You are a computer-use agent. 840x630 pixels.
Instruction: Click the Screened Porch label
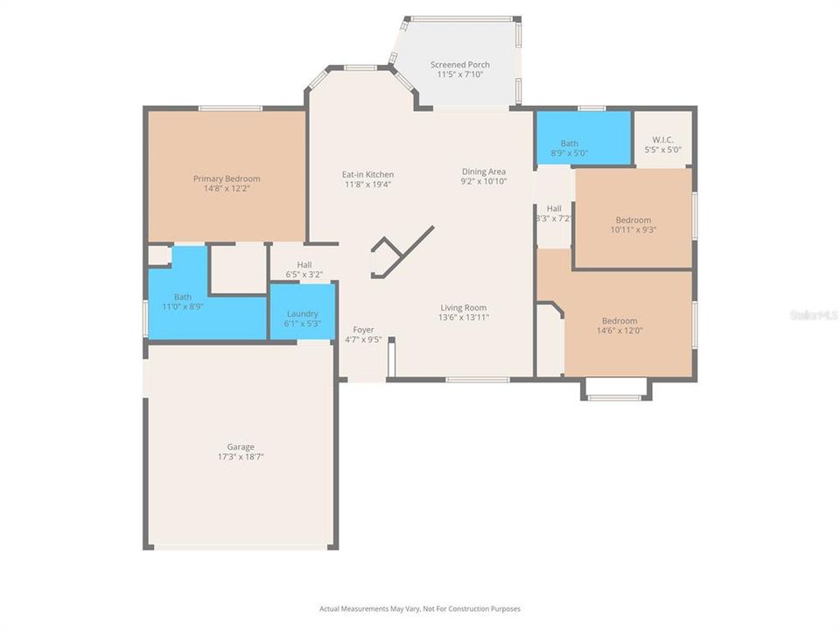click(459, 65)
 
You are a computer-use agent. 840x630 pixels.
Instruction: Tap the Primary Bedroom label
click(227, 178)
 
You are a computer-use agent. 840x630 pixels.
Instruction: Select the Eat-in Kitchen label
click(367, 174)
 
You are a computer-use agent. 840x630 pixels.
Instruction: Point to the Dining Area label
click(484, 171)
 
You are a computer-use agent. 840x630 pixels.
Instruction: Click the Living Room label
click(464, 307)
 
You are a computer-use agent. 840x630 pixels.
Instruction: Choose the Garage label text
click(241, 446)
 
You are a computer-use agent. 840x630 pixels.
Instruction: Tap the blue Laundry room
click(302, 318)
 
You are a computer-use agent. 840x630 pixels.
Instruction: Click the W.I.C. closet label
click(662, 140)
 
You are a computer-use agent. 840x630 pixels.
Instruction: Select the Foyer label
click(363, 330)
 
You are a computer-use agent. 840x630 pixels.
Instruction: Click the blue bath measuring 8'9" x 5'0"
click(582, 138)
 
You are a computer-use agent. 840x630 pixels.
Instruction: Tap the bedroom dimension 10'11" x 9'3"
click(633, 230)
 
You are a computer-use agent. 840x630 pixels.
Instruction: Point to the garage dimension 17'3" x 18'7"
click(241, 457)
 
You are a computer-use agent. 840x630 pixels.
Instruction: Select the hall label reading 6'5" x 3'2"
click(304, 275)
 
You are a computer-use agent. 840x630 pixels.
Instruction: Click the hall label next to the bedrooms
click(554, 208)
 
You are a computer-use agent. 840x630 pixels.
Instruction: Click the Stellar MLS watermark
click(813, 313)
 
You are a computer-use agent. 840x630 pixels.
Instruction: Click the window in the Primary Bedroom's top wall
click(229, 108)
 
